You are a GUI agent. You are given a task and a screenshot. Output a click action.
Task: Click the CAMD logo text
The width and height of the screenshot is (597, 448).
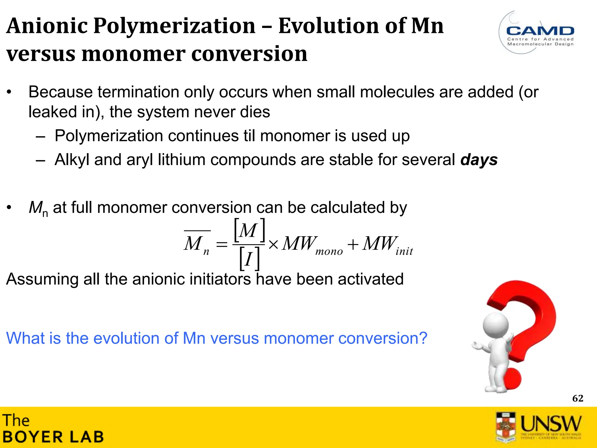pyautogui.click(x=540, y=31)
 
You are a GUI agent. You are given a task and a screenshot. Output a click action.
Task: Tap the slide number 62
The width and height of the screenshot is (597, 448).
pyautogui.click(x=577, y=398)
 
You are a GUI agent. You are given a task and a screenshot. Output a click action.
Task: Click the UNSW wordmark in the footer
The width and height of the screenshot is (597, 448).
pyautogui.click(x=551, y=423)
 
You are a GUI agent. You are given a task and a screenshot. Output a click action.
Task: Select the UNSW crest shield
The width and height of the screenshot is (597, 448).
pyautogui.click(x=506, y=426)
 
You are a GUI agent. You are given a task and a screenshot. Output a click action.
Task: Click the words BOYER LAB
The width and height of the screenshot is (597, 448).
pyautogui.click(x=53, y=437)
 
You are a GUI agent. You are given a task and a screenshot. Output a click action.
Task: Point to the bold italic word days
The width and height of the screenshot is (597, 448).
pyautogui.click(x=479, y=160)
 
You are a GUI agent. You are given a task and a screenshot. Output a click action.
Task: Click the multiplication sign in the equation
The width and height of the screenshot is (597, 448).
pyautogui.click(x=273, y=244)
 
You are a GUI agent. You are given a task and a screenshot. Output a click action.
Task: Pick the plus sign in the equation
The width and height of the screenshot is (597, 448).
pyautogui.click(x=353, y=244)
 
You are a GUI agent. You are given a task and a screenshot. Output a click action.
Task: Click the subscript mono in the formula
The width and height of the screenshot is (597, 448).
pyautogui.click(x=329, y=251)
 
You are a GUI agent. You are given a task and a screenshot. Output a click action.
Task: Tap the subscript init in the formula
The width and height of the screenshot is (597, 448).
pyautogui.click(x=404, y=251)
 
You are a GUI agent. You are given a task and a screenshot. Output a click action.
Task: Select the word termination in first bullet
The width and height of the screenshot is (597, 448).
pyautogui.click(x=138, y=92)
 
